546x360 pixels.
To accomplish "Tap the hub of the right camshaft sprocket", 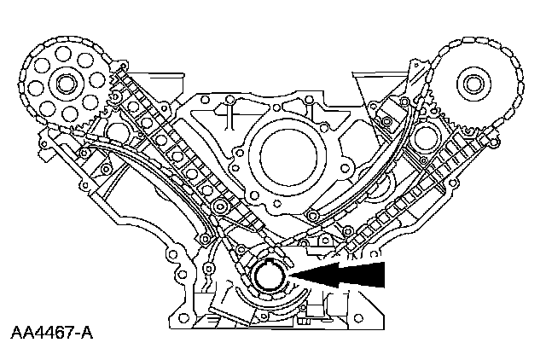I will pos(471,83).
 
